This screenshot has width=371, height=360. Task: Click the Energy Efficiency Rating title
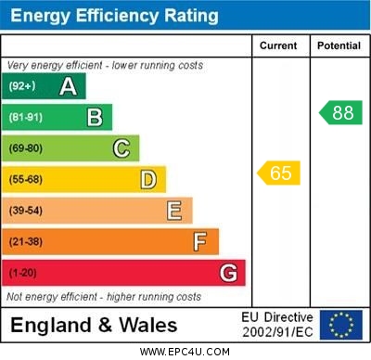click(x=114, y=16)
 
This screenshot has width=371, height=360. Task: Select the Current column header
click(x=278, y=45)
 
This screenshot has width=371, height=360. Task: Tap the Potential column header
click(x=339, y=45)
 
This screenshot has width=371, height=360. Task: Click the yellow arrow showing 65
click(x=279, y=173)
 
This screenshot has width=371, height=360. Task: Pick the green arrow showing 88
click(x=340, y=112)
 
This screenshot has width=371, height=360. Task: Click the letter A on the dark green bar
click(x=68, y=86)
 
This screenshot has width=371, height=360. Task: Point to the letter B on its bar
click(x=95, y=117)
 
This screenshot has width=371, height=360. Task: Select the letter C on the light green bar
click(x=122, y=148)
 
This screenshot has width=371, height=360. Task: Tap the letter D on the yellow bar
click(x=148, y=179)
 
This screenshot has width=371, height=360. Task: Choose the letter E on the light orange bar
click(x=174, y=211)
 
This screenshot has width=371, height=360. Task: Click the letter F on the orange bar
click(x=200, y=242)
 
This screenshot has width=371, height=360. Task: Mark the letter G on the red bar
click(x=227, y=273)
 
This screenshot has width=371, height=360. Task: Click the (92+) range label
click(x=23, y=86)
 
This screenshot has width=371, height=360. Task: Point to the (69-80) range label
click(x=27, y=148)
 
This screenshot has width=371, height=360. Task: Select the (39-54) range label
click(x=27, y=211)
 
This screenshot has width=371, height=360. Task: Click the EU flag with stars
click(x=341, y=325)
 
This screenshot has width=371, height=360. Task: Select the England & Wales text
click(x=94, y=326)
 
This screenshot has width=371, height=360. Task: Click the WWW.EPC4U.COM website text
click(x=185, y=352)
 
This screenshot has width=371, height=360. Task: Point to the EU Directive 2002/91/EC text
click(x=277, y=325)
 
